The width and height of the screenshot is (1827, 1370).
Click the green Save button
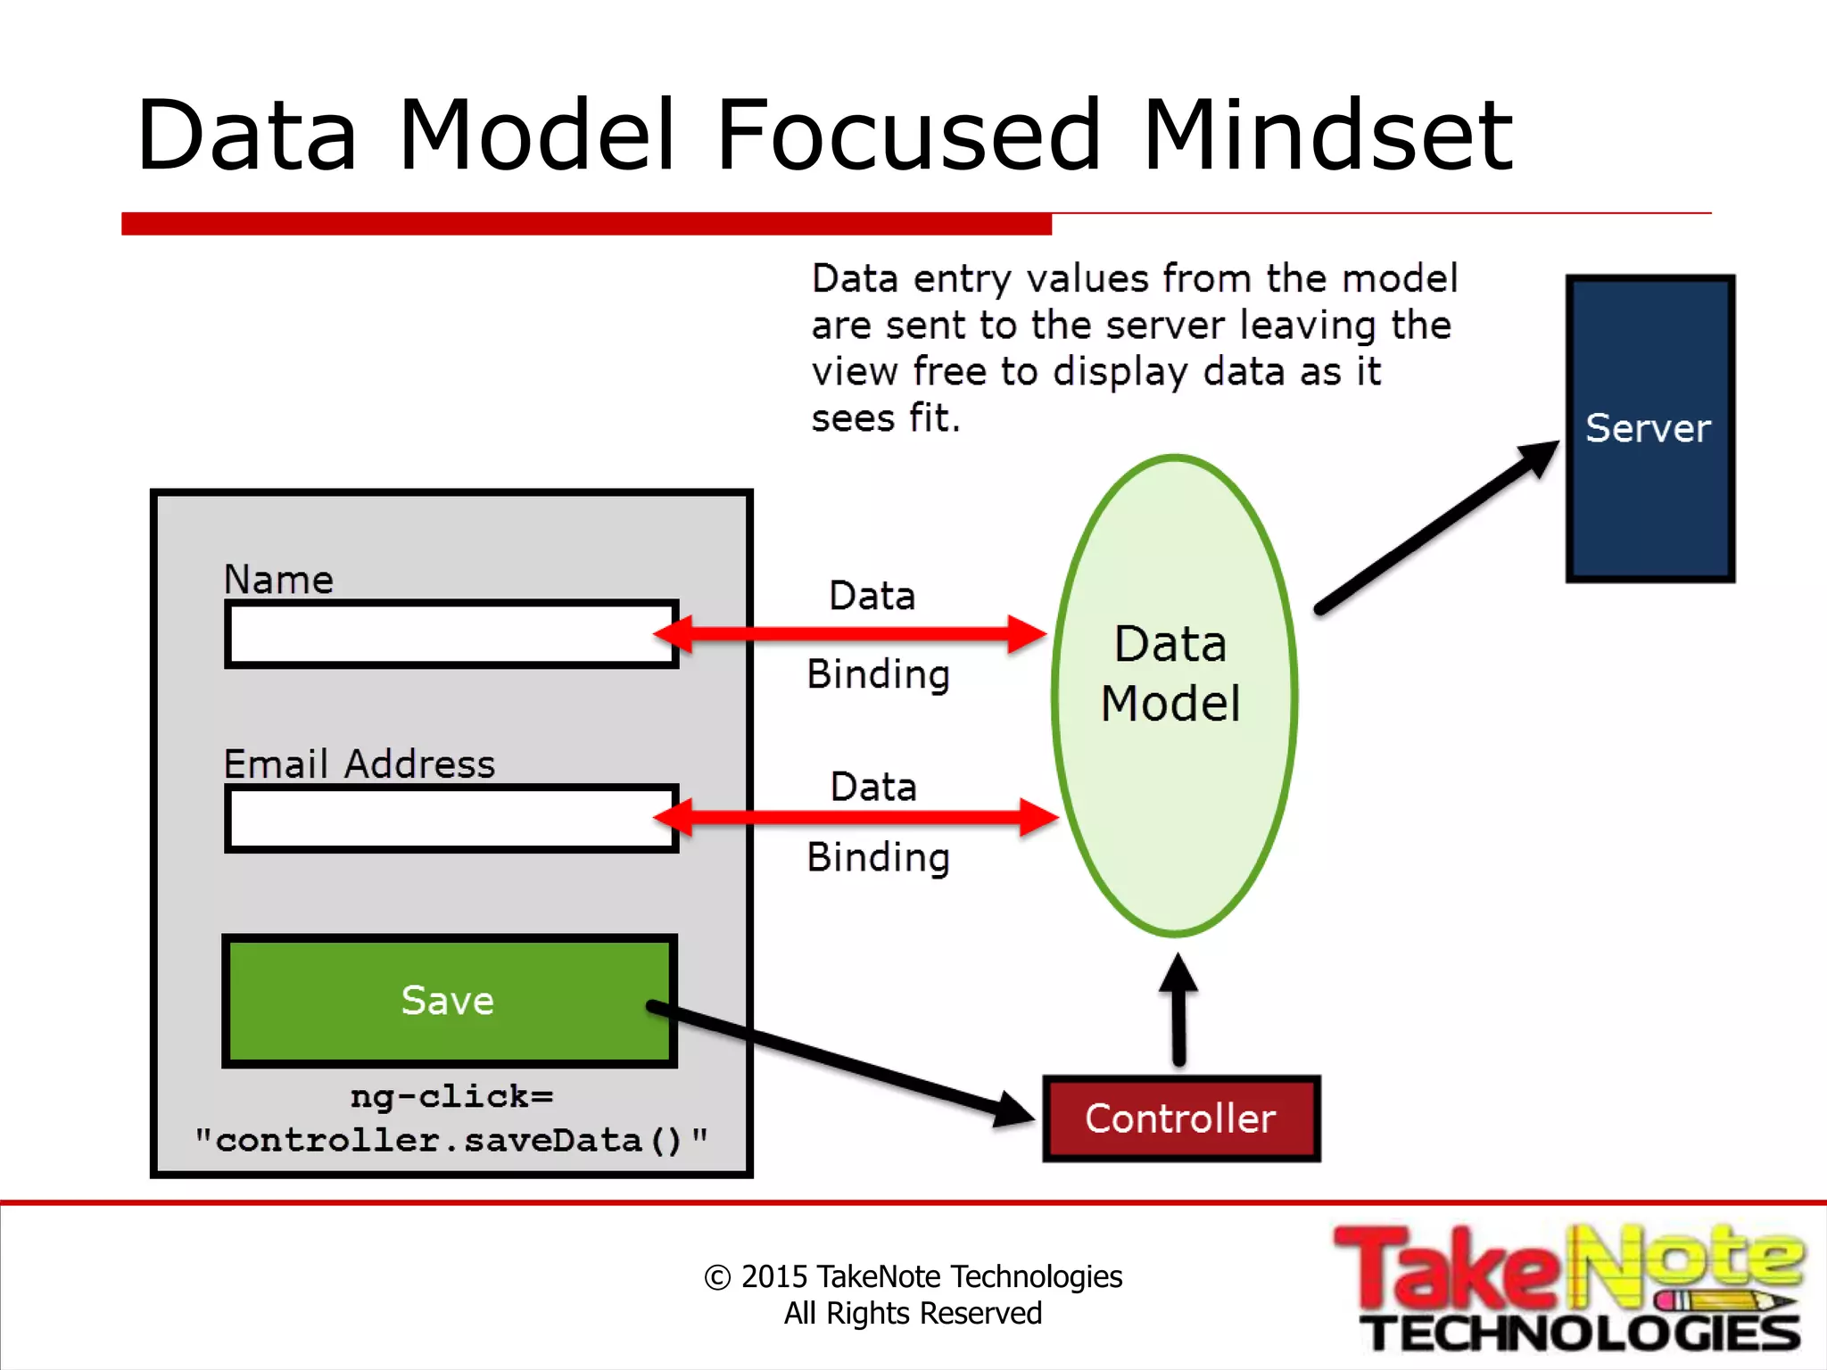449,1000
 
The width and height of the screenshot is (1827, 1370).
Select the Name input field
451,634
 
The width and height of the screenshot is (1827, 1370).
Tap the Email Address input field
451,818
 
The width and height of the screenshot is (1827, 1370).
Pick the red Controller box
1181,1118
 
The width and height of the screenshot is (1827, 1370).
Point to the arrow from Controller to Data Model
1178,1008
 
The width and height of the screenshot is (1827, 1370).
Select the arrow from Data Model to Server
1436,526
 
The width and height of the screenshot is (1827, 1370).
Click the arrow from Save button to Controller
839,1061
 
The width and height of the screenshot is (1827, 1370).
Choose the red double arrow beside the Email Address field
855,817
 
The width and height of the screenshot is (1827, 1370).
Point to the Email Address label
359,763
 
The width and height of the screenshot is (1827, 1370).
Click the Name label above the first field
278,580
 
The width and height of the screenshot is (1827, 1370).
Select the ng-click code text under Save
451,1118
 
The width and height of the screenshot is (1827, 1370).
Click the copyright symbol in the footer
717,1277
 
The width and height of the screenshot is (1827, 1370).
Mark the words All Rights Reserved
913,1313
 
